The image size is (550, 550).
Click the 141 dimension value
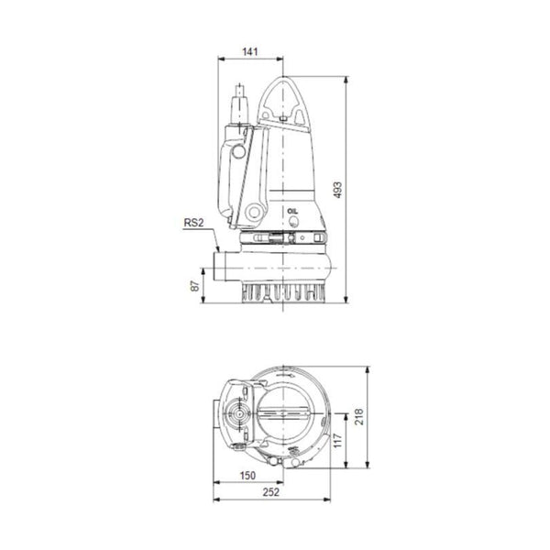pyautogui.click(x=250, y=51)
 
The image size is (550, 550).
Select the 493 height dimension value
pyautogui.click(x=337, y=190)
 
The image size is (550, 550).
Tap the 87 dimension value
pyautogui.click(x=194, y=285)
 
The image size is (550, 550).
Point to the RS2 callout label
pyautogui.click(x=193, y=223)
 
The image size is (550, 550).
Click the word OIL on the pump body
pyautogui.click(x=292, y=211)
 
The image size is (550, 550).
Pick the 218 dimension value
pyautogui.click(x=358, y=417)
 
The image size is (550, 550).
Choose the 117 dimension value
pyautogui.click(x=337, y=440)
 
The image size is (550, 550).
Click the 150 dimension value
pyautogui.click(x=247, y=475)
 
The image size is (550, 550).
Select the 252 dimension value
pyautogui.click(x=271, y=492)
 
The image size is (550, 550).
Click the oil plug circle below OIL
pyautogui.click(x=293, y=221)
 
